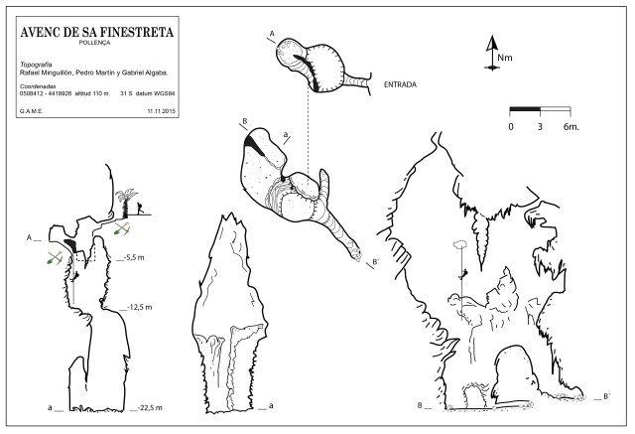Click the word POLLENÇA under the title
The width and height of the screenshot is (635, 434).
pos(95,44)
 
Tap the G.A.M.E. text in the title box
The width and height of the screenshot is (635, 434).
pos(32,110)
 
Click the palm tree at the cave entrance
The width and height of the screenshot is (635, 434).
pos(126,202)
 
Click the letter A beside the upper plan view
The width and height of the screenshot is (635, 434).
pos(271,34)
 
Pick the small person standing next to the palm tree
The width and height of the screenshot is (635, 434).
pos(141,209)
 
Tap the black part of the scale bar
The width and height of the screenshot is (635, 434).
pos(525,107)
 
